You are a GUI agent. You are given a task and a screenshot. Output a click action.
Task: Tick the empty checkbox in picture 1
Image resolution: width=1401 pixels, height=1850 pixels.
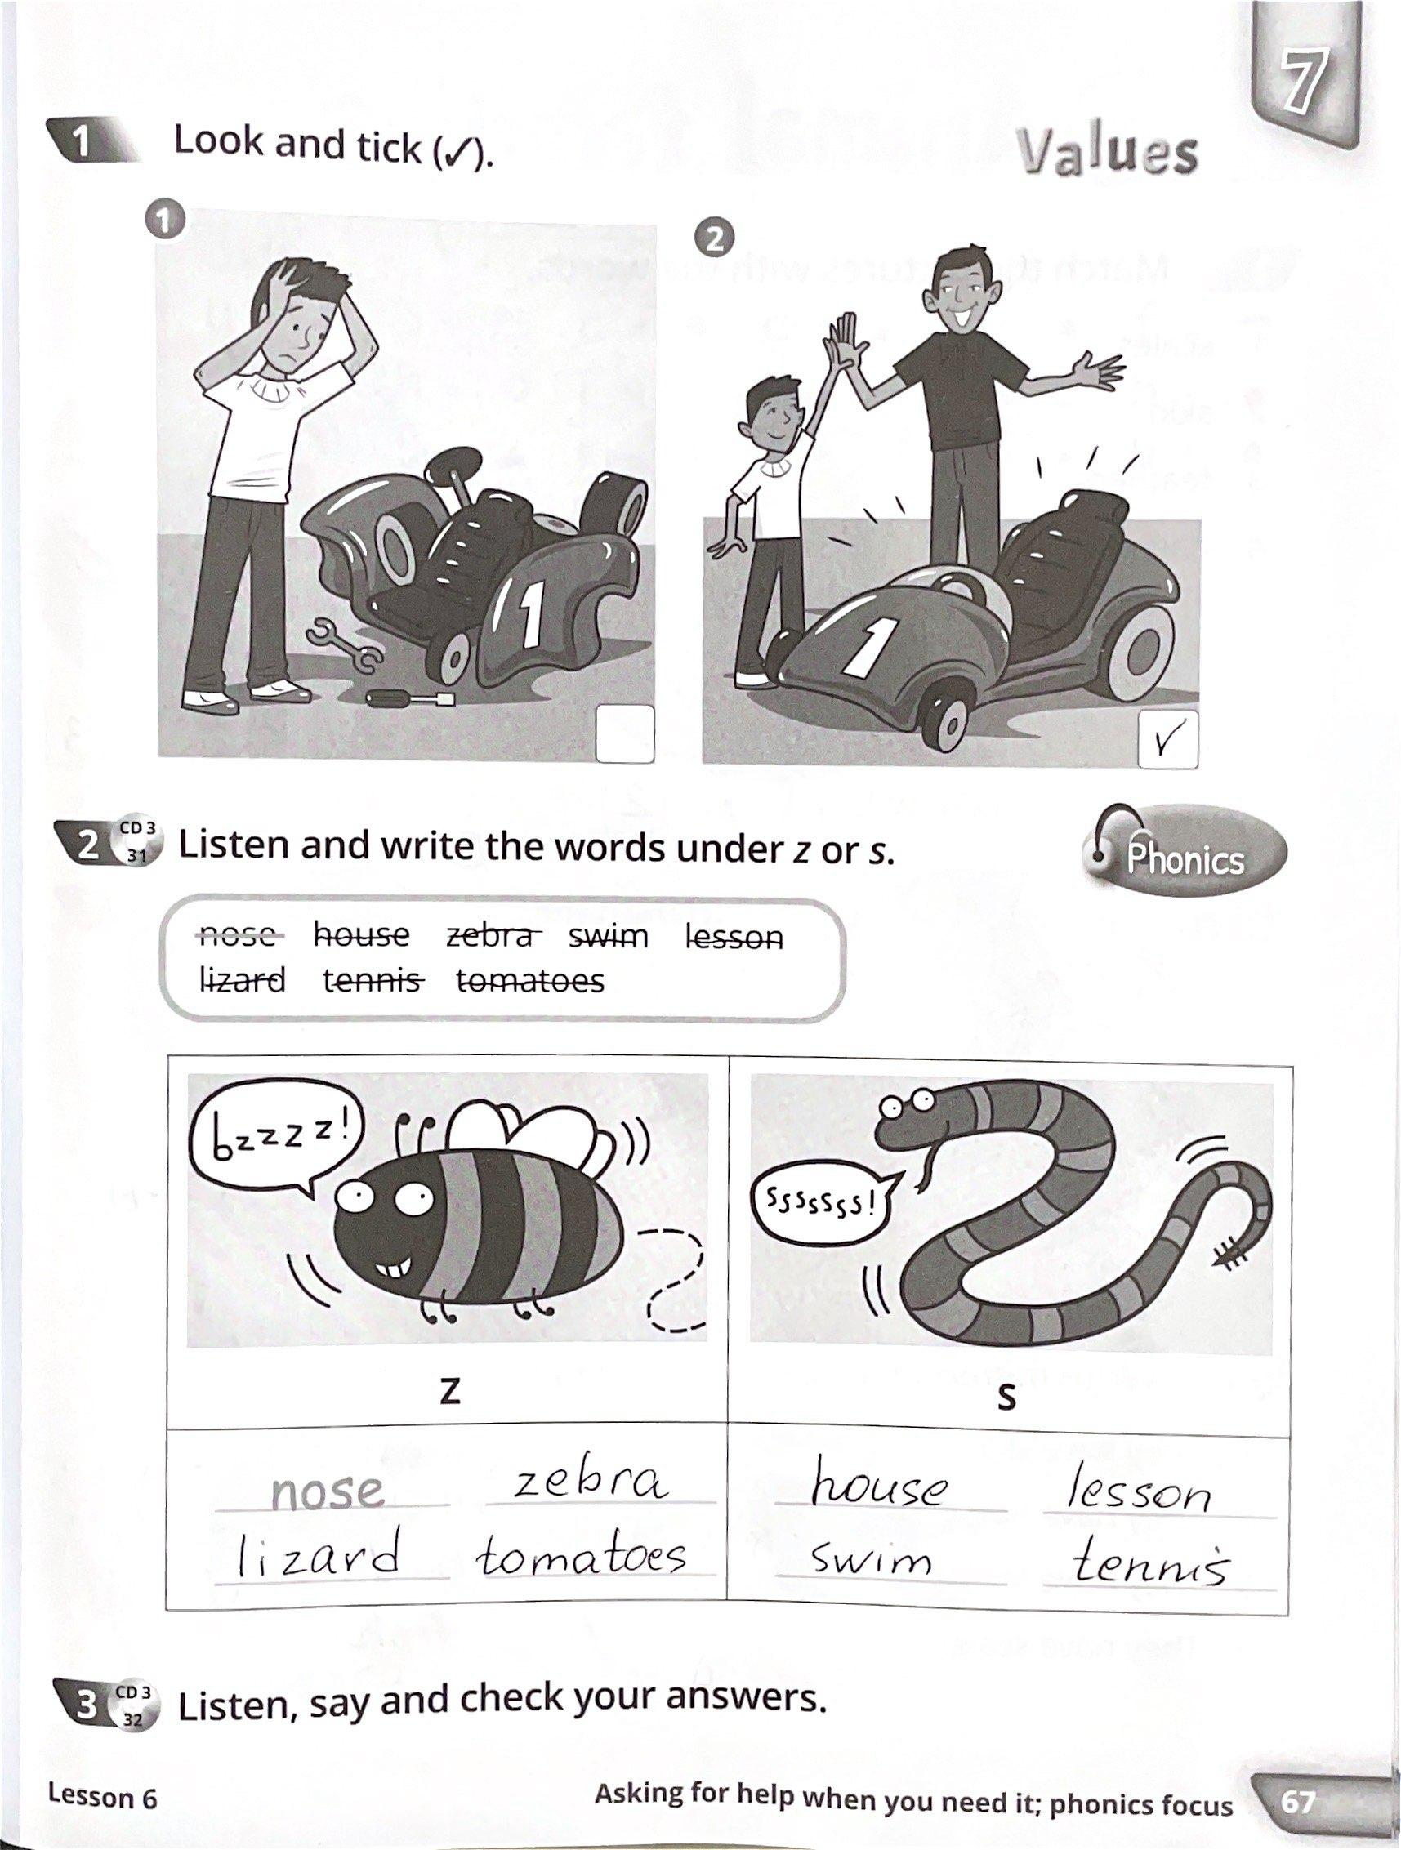[625, 733]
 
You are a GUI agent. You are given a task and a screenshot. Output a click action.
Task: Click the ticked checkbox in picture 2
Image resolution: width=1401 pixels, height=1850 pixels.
[1167, 739]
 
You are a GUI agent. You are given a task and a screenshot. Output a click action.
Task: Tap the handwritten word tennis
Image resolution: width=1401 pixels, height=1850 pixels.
[1152, 1561]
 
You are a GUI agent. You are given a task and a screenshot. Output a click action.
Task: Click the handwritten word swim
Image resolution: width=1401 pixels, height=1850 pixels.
[871, 1559]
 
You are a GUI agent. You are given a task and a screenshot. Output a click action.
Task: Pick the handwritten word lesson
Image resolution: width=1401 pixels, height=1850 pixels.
[1140, 1488]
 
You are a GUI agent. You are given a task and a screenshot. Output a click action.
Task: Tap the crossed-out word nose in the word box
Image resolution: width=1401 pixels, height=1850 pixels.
[239, 935]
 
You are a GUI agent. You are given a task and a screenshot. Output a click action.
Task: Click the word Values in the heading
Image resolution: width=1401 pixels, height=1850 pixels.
[1108, 154]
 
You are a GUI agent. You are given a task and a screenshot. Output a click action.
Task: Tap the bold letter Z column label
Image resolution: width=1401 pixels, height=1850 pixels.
[450, 1390]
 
